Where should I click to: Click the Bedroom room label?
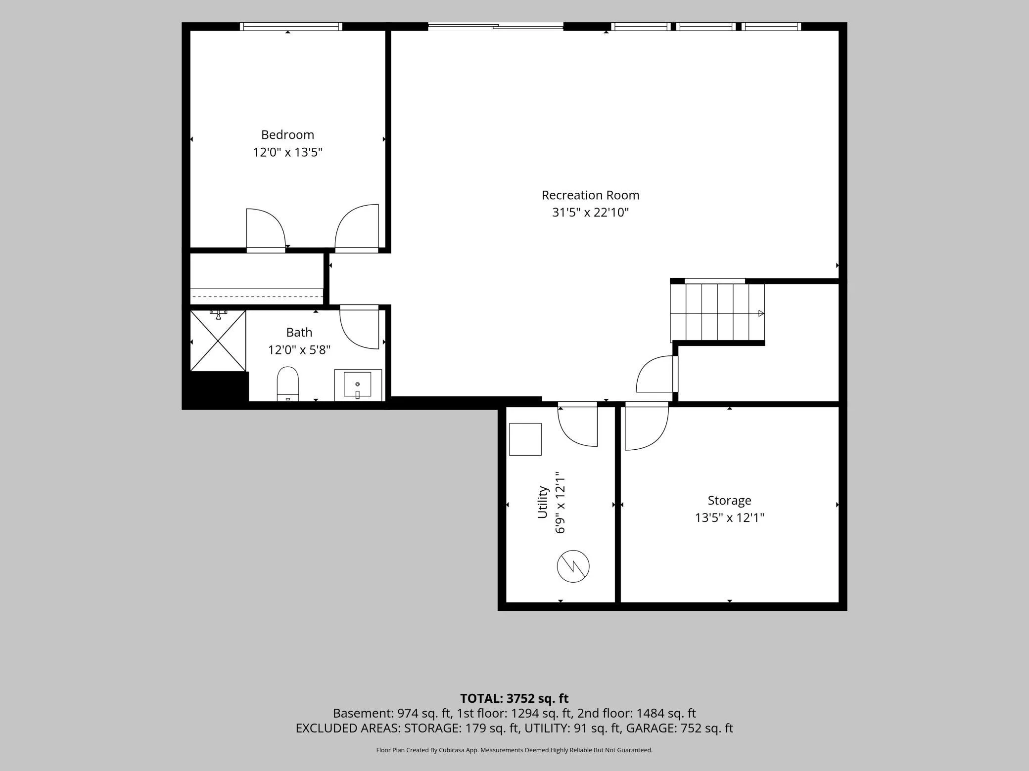[x=287, y=135]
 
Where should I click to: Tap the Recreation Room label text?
[x=590, y=195]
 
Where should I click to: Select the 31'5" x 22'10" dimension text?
[x=590, y=213]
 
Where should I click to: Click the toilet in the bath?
[x=288, y=384]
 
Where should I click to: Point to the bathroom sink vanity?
[x=358, y=385]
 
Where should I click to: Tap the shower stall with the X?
[x=218, y=341]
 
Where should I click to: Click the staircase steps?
[x=717, y=313]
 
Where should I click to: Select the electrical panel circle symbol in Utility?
[x=573, y=566]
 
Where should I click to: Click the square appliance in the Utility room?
[x=525, y=439]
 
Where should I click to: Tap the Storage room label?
[x=729, y=501]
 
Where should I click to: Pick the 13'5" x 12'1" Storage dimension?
[x=730, y=518]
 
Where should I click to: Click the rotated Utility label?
[x=543, y=502]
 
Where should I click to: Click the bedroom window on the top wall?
[x=291, y=27]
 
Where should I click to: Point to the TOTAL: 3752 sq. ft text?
[x=514, y=698]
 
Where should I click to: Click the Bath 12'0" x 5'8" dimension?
[x=299, y=350]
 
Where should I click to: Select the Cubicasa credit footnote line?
[x=514, y=750]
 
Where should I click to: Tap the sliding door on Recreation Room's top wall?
[x=496, y=27]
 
